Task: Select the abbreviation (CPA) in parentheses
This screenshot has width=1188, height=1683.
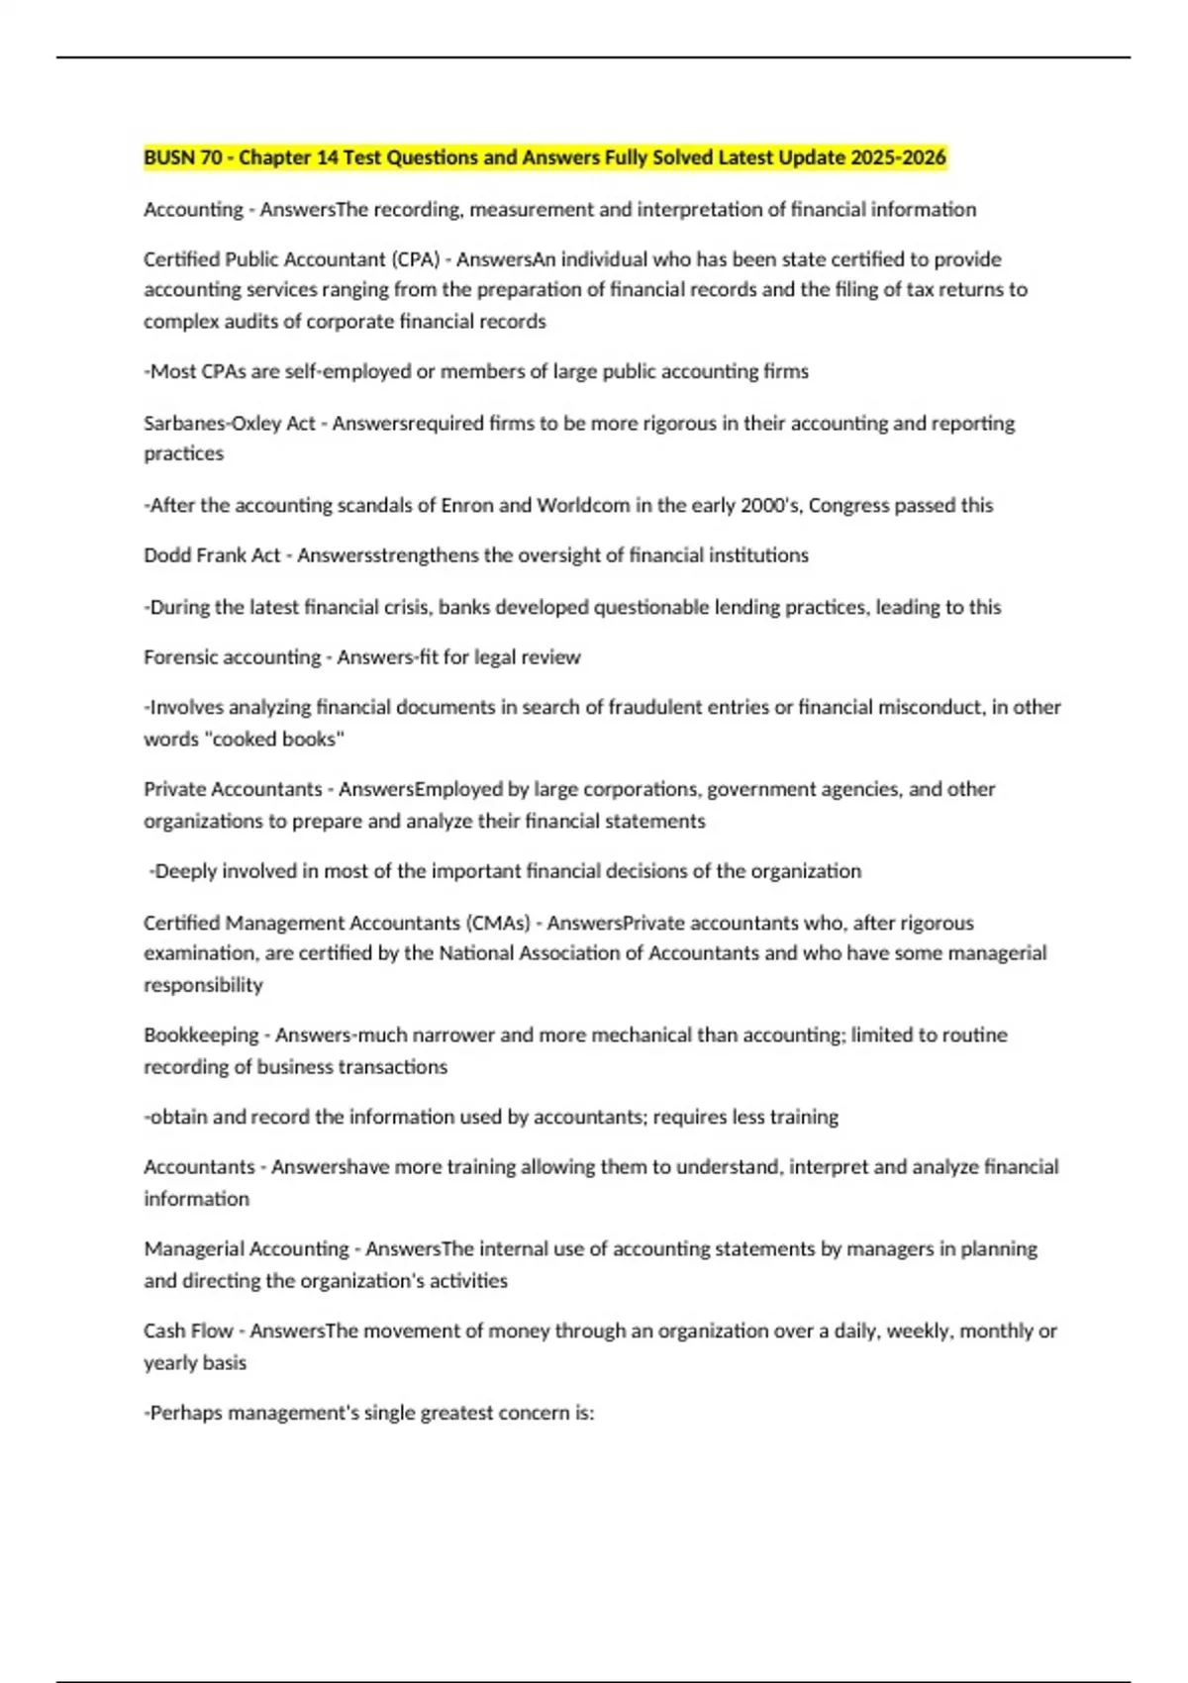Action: (417, 259)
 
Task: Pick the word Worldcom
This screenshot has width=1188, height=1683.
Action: (583, 506)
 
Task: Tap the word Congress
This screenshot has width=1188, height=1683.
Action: (848, 506)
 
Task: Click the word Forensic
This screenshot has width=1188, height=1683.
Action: (179, 657)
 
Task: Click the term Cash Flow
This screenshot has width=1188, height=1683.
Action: (188, 1332)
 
